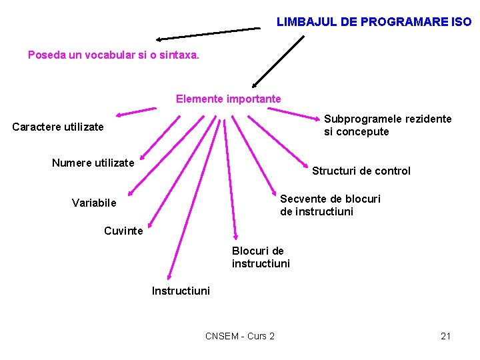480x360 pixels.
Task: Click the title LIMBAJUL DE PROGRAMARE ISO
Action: (x=373, y=22)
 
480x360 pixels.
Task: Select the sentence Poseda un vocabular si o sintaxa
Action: (x=113, y=55)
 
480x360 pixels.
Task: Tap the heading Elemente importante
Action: (x=229, y=99)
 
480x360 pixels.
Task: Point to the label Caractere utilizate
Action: (x=58, y=127)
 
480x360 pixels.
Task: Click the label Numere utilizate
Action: (x=93, y=163)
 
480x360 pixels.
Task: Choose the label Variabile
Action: (x=94, y=203)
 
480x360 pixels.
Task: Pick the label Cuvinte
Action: (x=123, y=231)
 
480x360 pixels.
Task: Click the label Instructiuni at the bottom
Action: (x=181, y=291)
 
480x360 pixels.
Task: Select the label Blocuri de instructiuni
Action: (x=261, y=257)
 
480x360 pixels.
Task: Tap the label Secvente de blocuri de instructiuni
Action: (x=330, y=205)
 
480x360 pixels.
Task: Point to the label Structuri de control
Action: (x=361, y=171)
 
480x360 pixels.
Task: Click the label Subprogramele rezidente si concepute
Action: (x=387, y=125)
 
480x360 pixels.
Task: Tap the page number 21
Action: (x=446, y=336)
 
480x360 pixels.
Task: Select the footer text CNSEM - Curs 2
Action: (x=240, y=336)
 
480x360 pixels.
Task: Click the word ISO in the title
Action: (x=461, y=22)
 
